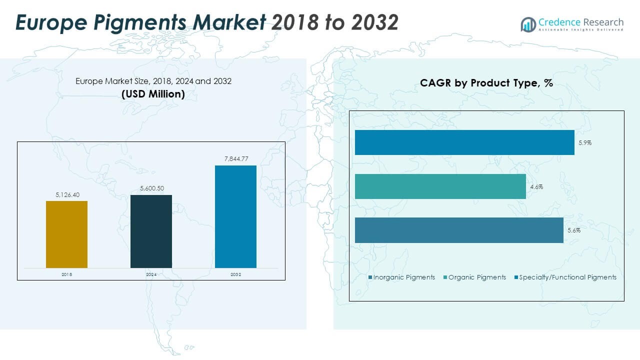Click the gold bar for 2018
(66, 234)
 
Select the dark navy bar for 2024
(151, 231)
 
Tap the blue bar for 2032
(235, 216)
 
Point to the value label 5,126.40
(66, 195)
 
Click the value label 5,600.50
(151, 188)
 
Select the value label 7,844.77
(235, 159)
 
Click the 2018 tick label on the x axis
(66, 274)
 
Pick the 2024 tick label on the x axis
(151, 274)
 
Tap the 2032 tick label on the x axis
(235, 274)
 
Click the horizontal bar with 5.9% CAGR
(464, 142)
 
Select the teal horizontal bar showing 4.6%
(440, 186)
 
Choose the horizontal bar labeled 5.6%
(459, 230)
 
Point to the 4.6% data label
(536, 187)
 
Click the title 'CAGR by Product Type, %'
(486, 83)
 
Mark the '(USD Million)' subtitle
(153, 93)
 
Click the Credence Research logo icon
(528, 24)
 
